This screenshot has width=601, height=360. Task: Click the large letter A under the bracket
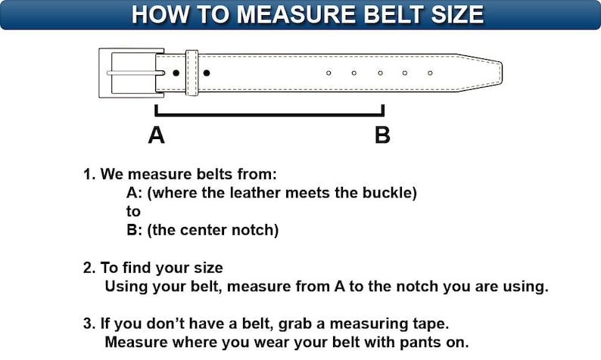(156, 135)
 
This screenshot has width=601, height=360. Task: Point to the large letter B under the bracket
(383, 135)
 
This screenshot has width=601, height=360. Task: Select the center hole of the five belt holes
(380, 73)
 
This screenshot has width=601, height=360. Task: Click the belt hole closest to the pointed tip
(430, 73)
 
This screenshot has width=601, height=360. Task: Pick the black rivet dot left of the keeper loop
(176, 73)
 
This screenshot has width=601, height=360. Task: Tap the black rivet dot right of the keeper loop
(207, 73)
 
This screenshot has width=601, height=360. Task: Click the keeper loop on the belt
(192, 73)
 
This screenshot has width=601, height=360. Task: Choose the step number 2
(88, 268)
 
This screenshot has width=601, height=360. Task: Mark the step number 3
(88, 324)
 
